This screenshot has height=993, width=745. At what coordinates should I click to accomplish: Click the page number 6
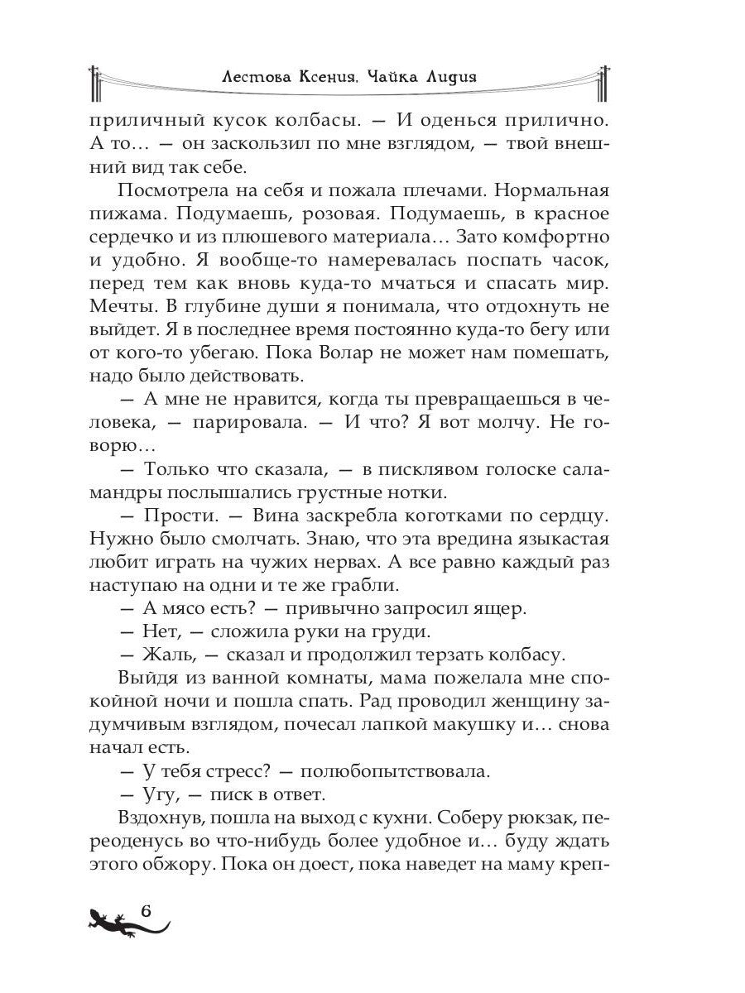(147, 913)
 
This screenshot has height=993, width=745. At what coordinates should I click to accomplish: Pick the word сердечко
(129, 237)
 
